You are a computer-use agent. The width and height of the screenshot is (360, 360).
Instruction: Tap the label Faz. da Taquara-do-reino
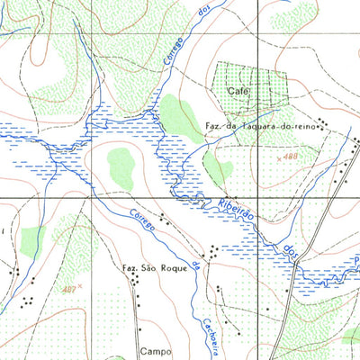[x=260, y=125]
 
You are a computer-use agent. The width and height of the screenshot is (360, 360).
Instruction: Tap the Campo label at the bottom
[x=154, y=352]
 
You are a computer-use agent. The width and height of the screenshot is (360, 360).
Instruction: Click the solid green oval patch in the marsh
[x=120, y=164]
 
